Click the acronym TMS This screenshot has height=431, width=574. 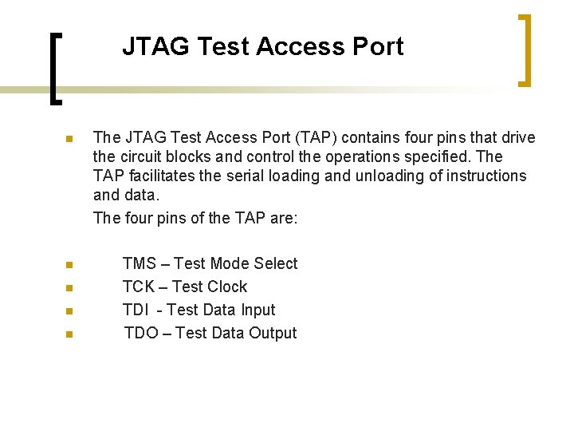[140, 263]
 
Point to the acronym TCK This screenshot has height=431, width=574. [139, 287]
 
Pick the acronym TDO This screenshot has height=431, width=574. [140, 333]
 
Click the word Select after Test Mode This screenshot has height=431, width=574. [275, 263]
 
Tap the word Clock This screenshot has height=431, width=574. [226, 287]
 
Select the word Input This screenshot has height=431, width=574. [258, 310]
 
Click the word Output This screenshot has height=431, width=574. [273, 333]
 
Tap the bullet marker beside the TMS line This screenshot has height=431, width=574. [69, 265]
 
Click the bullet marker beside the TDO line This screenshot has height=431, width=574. [69, 334]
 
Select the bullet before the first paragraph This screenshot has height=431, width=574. [69, 139]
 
